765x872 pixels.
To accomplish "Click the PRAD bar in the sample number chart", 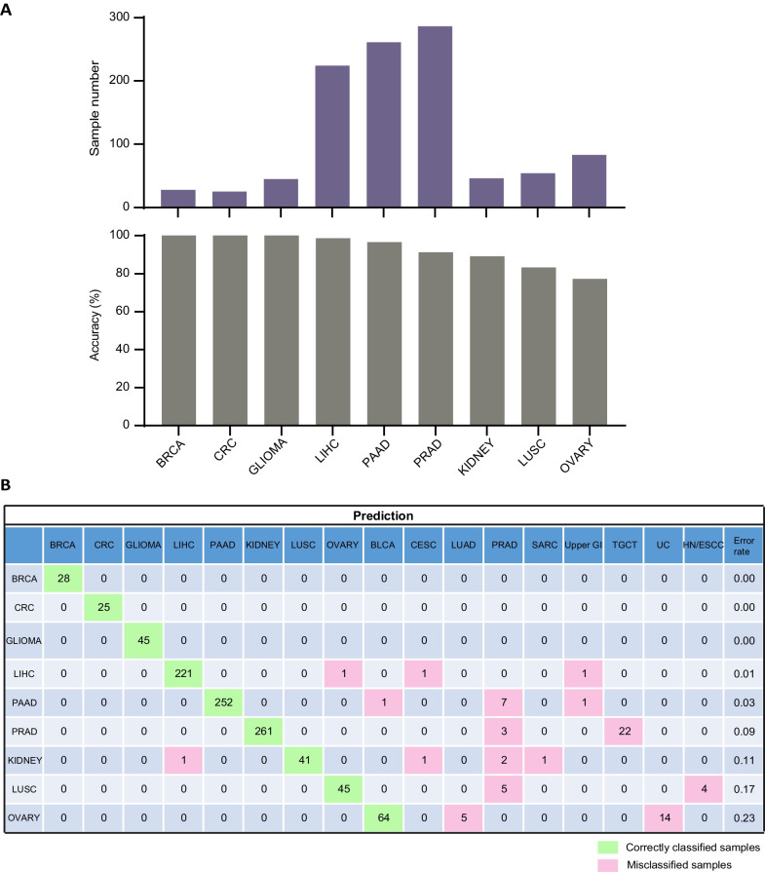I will (435, 117).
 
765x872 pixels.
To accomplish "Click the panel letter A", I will (9, 9).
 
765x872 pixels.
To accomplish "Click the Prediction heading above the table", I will (383, 514).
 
